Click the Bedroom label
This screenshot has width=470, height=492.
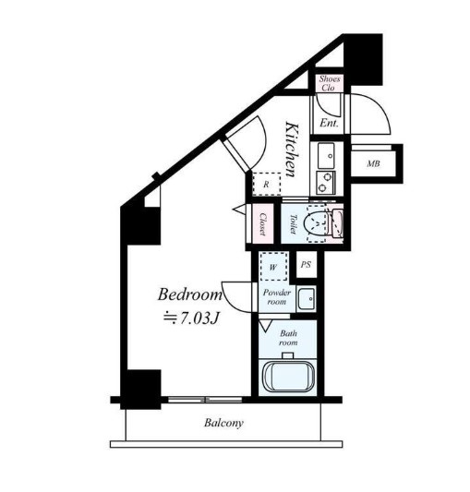click(190, 294)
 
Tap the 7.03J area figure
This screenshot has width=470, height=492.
click(199, 318)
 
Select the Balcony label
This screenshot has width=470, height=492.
click(223, 423)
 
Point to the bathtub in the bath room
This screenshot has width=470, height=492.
click(288, 377)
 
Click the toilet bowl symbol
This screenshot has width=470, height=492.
click(316, 223)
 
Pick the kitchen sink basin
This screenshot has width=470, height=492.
click(326, 156)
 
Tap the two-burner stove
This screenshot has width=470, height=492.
click(326, 184)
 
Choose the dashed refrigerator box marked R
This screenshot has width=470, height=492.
click(267, 185)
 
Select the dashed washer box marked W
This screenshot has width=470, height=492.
click(273, 267)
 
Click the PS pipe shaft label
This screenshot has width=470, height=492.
click(306, 265)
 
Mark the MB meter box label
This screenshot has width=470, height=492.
click(373, 163)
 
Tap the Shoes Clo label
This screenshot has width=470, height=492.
click(329, 83)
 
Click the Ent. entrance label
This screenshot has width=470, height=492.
click(329, 123)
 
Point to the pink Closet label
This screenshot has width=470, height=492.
click(263, 224)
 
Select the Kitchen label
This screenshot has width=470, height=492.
click(293, 150)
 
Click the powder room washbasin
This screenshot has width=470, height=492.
click(306, 298)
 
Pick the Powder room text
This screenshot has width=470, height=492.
click(277, 297)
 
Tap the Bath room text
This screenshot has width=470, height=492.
click(288, 338)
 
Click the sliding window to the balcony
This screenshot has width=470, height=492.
click(205, 400)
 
